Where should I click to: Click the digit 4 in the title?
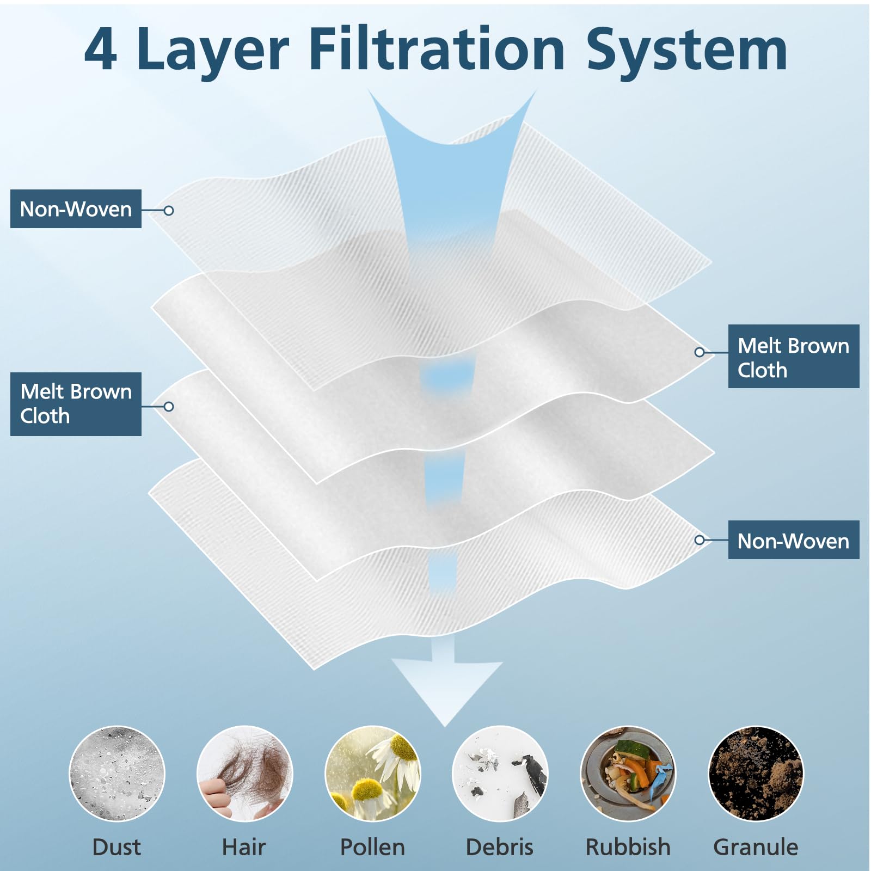pyautogui.click(x=101, y=50)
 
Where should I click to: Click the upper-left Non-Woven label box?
pyautogui.click(x=76, y=208)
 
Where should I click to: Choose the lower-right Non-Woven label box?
pyautogui.click(x=794, y=540)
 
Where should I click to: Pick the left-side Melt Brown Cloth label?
pyautogui.click(x=76, y=404)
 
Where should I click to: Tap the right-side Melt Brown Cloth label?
pyautogui.click(x=794, y=357)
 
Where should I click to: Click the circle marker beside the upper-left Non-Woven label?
pyautogui.click(x=169, y=210)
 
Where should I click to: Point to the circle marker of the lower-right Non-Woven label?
pyautogui.click(x=700, y=540)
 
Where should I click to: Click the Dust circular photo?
pyautogui.click(x=117, y=774)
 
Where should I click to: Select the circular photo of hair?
pyautogui.click(x=244, y=774)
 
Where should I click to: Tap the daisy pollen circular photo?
pyautogui.click(x=372, y=774)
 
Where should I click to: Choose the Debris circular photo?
pyautogui.click(x=500, y=774)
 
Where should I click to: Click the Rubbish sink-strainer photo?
pyautogui.click(x=628, y=774)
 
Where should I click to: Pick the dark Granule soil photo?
pyautogui.click(x=756, y=774)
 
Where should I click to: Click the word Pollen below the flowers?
pyautogui.click(x=372, y=847)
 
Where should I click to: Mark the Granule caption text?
pyautogui.click(x=756, y=847)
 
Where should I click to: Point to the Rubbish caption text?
pyautogui.click(x=628, y=847)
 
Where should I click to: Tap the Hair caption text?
pyautogui.click(x=244, y=847)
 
